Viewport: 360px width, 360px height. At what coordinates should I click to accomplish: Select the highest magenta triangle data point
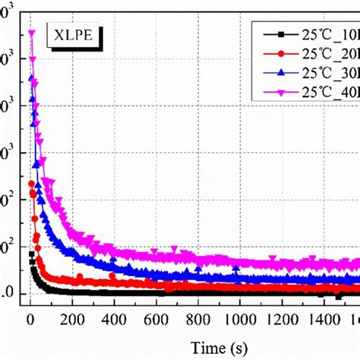(x=32, y=33)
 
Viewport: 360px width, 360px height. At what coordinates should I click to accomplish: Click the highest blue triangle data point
(x=32, y=77)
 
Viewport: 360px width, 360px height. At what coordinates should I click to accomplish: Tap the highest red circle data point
(x=32, y=183)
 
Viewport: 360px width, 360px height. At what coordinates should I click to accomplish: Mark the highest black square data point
(x=32, y=254)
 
